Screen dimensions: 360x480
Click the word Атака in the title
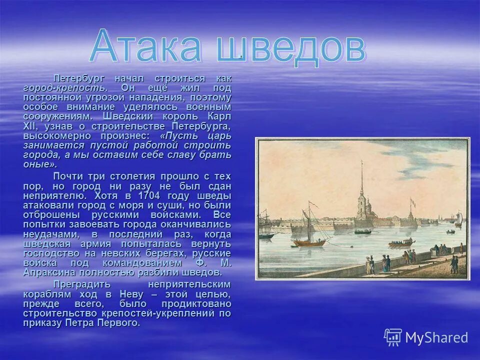[147, 48]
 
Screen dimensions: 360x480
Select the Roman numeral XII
[31, 126]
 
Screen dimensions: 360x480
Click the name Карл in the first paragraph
[218, 116]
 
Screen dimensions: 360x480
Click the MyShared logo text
[437, 337]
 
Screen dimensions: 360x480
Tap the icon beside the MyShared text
[393, 337]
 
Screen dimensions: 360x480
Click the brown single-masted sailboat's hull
[309, 243]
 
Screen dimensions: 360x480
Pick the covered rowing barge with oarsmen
[401, 243]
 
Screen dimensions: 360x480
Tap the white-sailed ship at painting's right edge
[458, 218]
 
